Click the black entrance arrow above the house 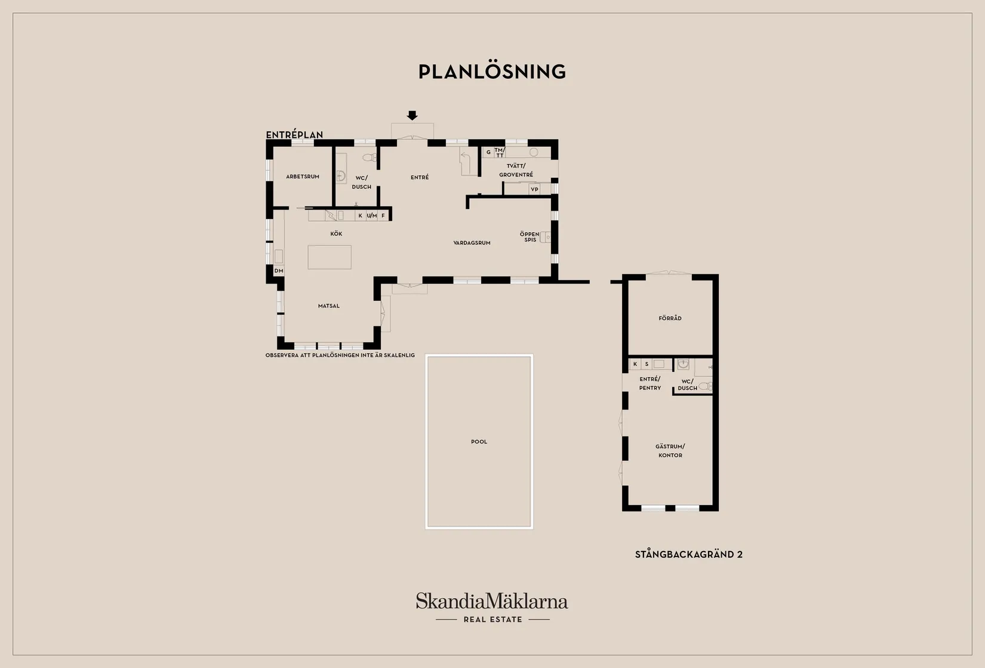click(412, 115)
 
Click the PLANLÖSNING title click(492, 72)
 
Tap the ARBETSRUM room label click(303, 177)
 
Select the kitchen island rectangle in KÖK click(330, 257)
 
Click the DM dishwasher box click(279, 270)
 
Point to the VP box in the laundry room click(535, 189)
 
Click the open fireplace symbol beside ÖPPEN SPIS click(545, 237)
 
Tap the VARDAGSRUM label click(472, 243)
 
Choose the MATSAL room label click(329, 306)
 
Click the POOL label click(479, 442)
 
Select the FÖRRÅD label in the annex click(670, 318)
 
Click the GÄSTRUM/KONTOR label click(670, 451)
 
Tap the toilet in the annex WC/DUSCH click(705, 386)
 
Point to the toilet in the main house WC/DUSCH click(370, 157)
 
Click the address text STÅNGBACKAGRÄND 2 click(689, 555)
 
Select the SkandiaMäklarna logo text click(492, 601)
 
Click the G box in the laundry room click(488, 152)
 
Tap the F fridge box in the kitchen click(383, 216)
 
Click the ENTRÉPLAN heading click(295, 134)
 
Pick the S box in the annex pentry click(647, 364)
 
